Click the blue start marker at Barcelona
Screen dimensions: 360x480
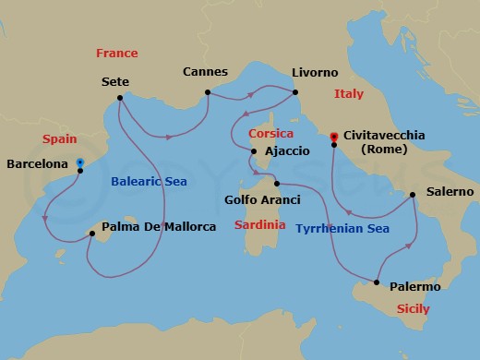click(x=79, y=163)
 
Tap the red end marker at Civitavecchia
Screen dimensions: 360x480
click(x=333, y=137)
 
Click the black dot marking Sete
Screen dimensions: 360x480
click(x=120, y=98)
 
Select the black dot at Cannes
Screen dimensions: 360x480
click(x=208, y=91)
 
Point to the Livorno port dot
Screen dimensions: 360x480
click(x=294, y=91)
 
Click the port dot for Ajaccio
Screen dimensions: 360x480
click(x=253, y=150)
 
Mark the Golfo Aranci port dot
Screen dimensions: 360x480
click(x=275, y=184)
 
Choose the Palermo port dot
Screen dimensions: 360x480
click(x=378, y=282)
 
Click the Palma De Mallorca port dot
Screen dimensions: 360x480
click(x=91, y=234)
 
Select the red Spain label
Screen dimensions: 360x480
click(x=59, y=139)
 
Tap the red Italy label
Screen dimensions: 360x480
click(x=349, y=94)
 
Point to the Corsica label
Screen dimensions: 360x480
click(x=270, y=134)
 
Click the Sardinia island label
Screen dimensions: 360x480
click(x=258, y=225)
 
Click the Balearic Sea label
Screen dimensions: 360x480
click(x=149, y=182)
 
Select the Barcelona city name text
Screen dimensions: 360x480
click(x=37, y=164)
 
